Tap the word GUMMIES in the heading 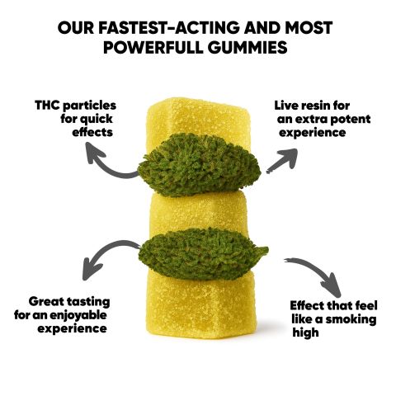(x=247, y=47)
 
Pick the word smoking (x=351, y=319)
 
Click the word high (x=305, y=332)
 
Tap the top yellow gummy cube (x=197, y=120)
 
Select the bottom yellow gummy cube (x=200, y=299)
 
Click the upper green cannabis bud (x=199, y=164)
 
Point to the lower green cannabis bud (x=203, y=253)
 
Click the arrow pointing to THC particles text (x=106, y=168)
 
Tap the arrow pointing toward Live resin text (x=283, y=160)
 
